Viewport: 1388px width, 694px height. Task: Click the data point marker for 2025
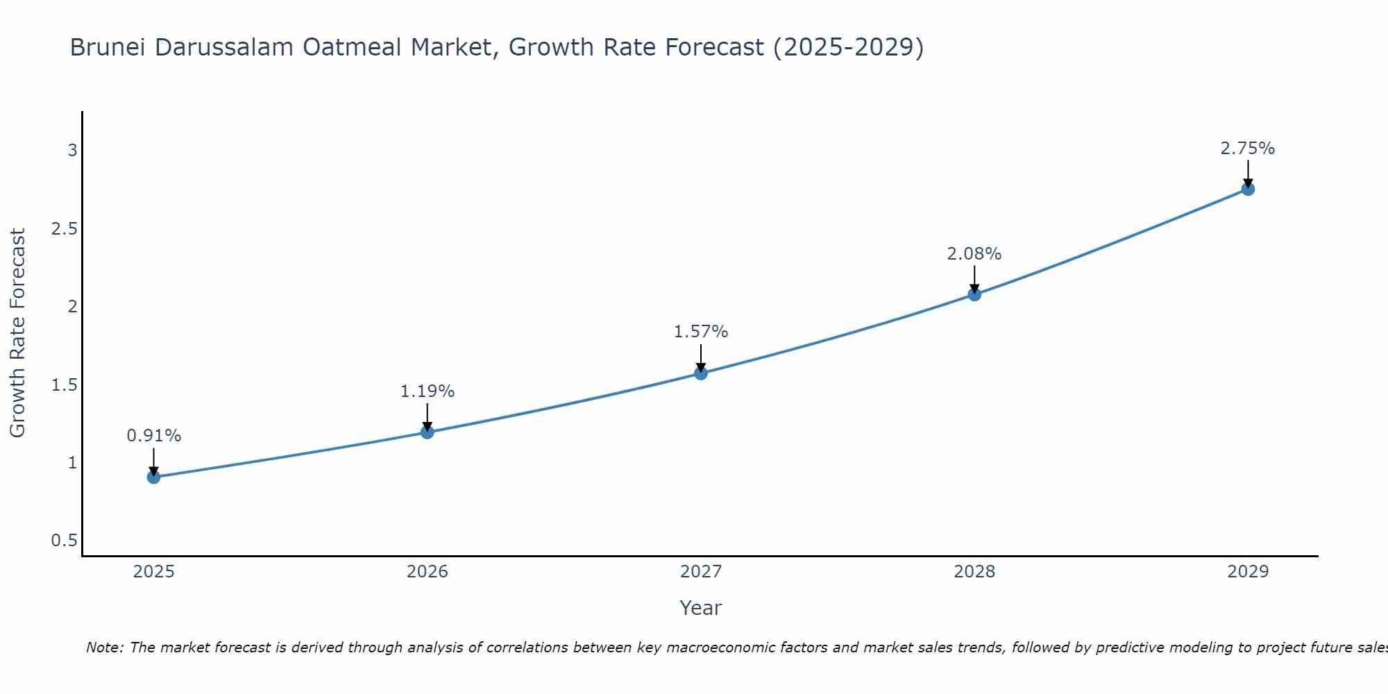coord(154,477)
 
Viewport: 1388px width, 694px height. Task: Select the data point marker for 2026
coord(428,432)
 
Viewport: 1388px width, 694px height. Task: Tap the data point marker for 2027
coord(701,373)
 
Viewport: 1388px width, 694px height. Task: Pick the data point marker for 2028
coord(974,294)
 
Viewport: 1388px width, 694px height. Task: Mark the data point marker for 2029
coord(1248,189)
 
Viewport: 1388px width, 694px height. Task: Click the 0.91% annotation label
coord(154,436)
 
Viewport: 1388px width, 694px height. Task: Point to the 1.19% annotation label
coord(428,391)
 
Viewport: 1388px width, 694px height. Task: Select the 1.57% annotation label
coord(701,332)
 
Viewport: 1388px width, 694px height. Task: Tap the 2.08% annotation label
coord(974,254)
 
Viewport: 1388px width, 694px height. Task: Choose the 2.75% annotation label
coord(1248,149)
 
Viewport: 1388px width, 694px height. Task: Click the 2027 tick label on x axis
coord(701,572)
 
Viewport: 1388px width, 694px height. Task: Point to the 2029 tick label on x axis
coord(1248,572)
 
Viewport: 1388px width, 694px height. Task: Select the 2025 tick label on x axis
coord(154,572)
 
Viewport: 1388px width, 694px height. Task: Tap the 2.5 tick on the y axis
coord(64,229)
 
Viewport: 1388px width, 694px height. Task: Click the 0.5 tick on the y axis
coord(64,541)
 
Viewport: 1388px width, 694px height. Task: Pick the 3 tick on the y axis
coord(72,151)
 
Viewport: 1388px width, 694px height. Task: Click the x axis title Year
coord(701,608)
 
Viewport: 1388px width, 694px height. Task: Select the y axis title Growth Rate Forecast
coord(17,333)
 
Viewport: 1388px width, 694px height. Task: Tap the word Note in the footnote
coord(104,648)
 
